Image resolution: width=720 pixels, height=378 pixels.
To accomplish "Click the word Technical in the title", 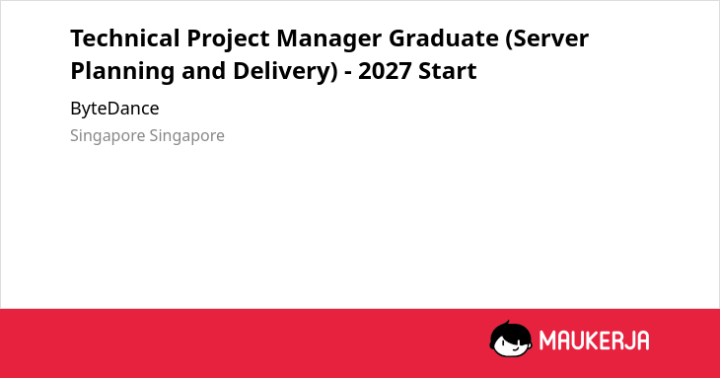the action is [x=125, y=38].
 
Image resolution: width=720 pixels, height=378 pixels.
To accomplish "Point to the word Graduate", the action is [x=444, y=38].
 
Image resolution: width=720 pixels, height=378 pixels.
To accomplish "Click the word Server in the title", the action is [x=546, y=39].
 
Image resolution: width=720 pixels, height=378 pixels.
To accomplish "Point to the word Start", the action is [x=447, y=71].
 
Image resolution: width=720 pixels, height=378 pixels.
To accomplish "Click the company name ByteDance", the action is [x=114, y=109].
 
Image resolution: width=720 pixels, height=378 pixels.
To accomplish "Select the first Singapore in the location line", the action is [x=108, y=136].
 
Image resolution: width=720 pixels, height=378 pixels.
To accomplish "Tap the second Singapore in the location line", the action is [x=186, y=136].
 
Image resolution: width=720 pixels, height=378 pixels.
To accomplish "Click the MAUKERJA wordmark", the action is [x=594, y=340].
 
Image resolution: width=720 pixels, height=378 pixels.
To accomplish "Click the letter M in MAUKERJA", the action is [x=547, y=340].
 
